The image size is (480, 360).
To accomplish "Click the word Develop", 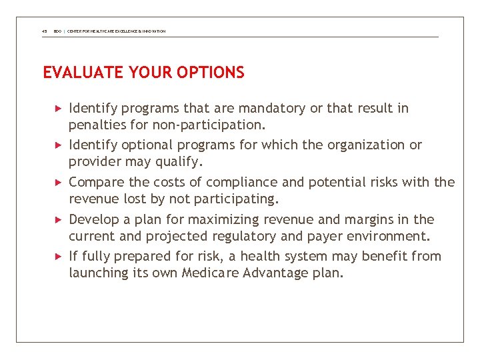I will (93, 219).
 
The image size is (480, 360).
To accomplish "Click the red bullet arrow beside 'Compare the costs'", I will (58, 182).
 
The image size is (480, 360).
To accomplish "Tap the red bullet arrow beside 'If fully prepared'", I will (58, 256).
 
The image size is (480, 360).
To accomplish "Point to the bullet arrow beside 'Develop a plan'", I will (58, 219).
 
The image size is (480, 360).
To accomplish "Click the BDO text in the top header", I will (58, 31).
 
